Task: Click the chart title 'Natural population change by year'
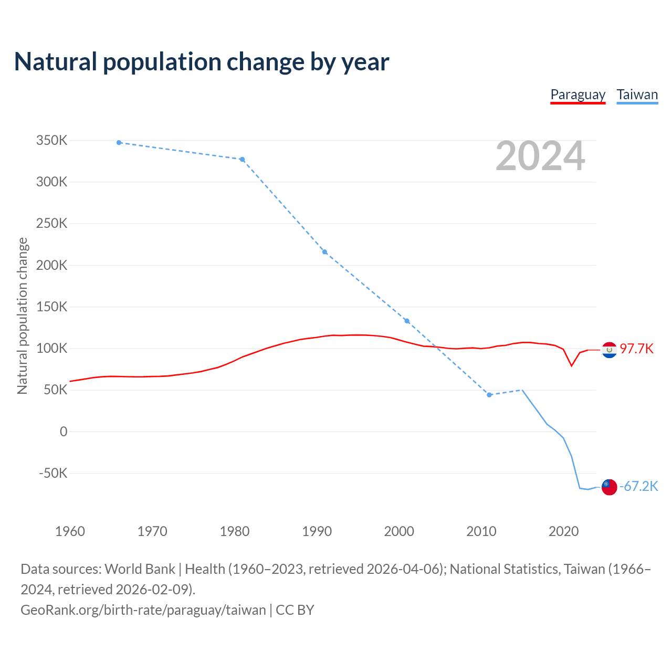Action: click(202, 62)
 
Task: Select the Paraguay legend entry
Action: click(577, 95)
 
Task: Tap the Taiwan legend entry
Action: click(637, 95)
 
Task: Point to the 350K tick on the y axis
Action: click(51, 141)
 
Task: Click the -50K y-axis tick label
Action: click(54, 473)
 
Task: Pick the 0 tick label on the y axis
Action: click(64, 432)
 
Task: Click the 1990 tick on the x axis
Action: click(317, 531)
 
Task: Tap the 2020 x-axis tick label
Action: click(563, 531)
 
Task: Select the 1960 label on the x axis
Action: click(70, 531)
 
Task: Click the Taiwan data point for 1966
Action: click(119, 143)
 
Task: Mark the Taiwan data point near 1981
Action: click(243, 160)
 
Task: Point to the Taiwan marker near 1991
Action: click(324, 252)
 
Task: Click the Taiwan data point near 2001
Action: click(407, 321)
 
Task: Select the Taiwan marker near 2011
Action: click(489, 395)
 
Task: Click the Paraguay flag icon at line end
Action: click(609, 350)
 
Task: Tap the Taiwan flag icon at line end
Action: click(609, 487)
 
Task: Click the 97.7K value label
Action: click(636, 349)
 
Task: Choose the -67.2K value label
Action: click(638, 487)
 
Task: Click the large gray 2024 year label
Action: click(540, 156)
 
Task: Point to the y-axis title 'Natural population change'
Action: click(23, 316)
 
